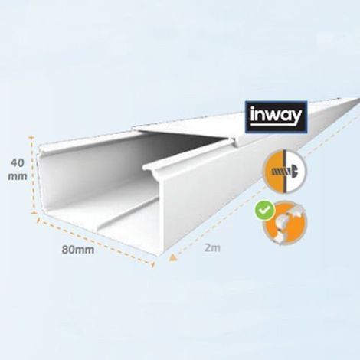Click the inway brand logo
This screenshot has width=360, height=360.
tap(276, 117)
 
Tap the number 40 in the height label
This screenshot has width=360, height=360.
tap(18, 163)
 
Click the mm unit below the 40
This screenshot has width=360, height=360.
tap(18, 176)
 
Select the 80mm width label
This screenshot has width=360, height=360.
tap(78, 250)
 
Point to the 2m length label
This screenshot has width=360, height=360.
tap(212, 247)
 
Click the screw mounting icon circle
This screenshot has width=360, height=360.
tap(285, 171)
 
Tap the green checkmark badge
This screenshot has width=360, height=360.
tap(265, 211)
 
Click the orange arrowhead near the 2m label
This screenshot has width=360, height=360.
tap(173, 257)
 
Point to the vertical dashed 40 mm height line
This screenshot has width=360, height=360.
tap(32, 175)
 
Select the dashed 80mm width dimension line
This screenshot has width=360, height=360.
tap(96, 241)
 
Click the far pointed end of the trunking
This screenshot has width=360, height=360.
tap(358, 98)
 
